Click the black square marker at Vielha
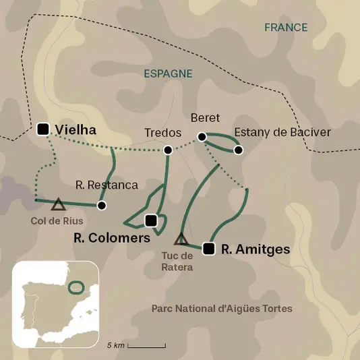[44, 129]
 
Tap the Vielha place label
[76, 129]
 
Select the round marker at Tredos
[168, 150]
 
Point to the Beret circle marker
[201, 137]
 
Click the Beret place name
[206, 117]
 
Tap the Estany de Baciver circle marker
[238, 149]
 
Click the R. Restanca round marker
[102, 205]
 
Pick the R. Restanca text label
[107, 185]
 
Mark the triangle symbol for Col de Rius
[59, 204]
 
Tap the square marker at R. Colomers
[151, 220]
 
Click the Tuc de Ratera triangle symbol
[181, 239]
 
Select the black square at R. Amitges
[209, 249]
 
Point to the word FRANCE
[286, 28]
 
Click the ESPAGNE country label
[169, 73]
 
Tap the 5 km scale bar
[146, 345]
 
